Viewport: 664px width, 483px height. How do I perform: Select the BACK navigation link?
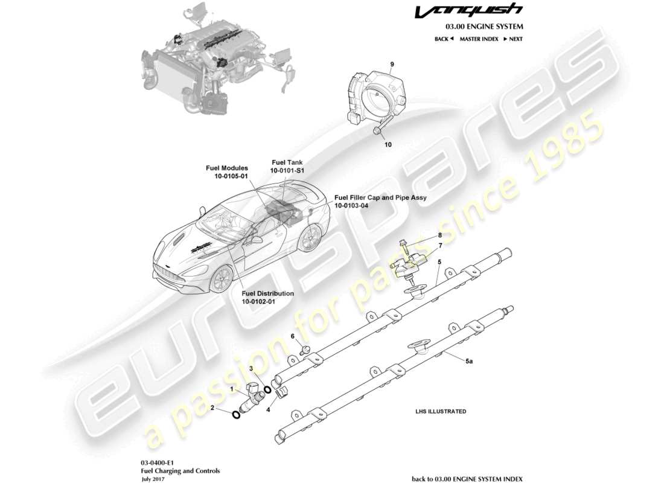(x=444, y=39)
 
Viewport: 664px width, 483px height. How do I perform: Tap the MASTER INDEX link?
(x=479, y=39)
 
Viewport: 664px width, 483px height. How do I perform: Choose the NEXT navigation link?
(x=512, y=39)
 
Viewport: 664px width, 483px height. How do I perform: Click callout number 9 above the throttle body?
(x=392, y=64)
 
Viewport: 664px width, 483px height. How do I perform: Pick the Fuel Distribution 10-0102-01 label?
(x=267, y=297)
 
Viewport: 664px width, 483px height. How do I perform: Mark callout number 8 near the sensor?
(x=440, y=235)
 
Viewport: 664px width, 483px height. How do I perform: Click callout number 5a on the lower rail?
(x=469, y=361)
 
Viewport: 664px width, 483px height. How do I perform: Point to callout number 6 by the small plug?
(x=293, y=336)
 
